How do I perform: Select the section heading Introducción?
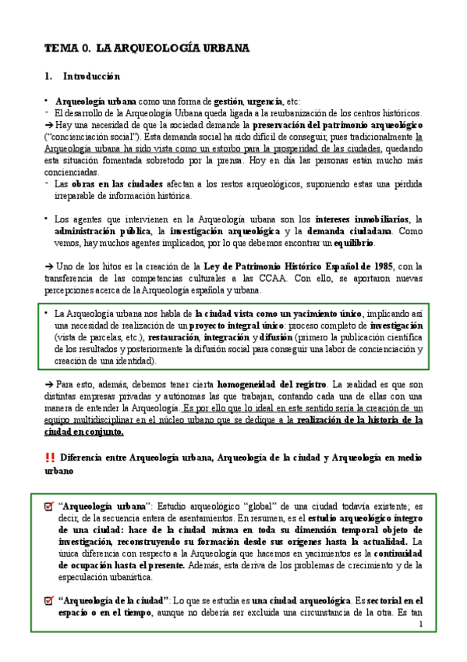coord(91,77)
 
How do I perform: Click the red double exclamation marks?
coord(50,457)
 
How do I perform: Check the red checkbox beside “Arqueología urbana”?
coord(49,507)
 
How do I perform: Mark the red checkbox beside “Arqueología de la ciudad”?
coord(49,600)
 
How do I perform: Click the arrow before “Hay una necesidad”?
coord(48,125)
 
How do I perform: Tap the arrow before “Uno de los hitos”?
coord(48,265)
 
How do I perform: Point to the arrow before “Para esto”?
coord(48,385)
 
